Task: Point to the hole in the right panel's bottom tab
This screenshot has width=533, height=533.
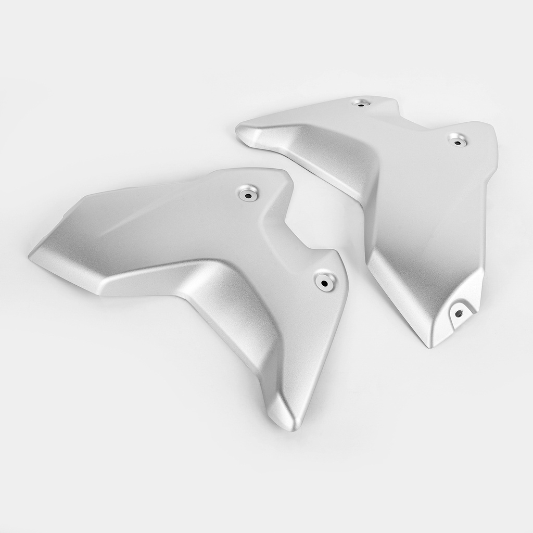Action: (x=459, y=313)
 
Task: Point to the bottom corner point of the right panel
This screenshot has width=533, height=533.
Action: (x=430, y=346)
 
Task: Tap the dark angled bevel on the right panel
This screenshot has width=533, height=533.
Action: (x=333, y=156)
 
